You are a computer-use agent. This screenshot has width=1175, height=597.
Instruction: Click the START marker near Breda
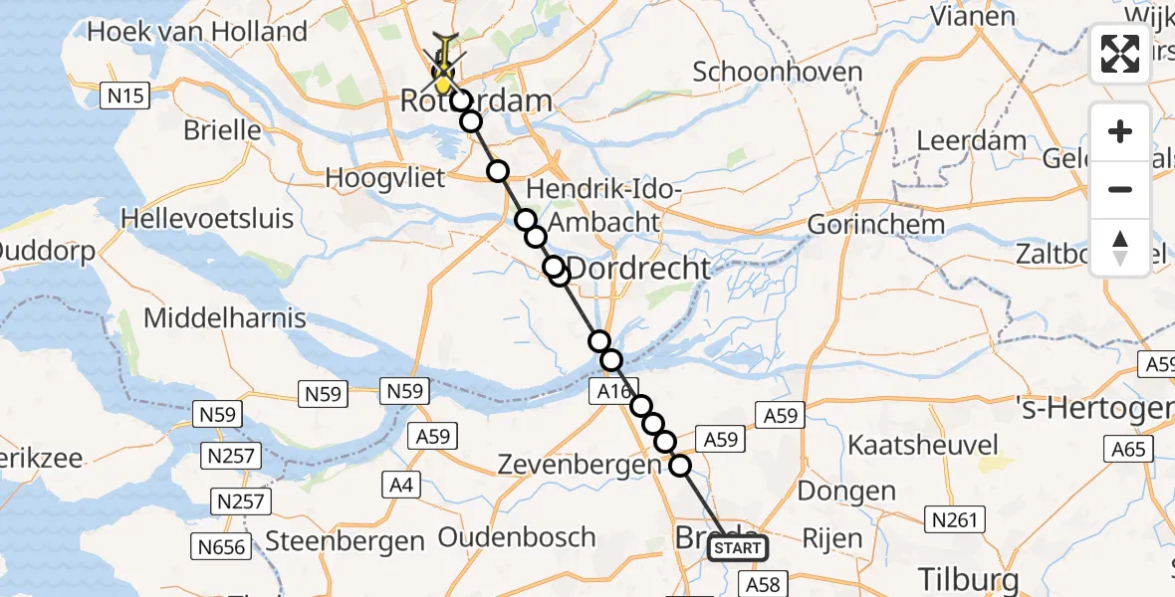pyautogui.click(x=738, y=548)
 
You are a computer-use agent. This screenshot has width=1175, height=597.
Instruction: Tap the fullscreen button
pyautogui.click(x=1120, y=54)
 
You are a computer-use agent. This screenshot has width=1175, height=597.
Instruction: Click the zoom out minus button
pyautogui.click(x=1120, y=189)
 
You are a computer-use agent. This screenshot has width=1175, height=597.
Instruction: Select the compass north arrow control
pyautogui.click(x=1120, y=247)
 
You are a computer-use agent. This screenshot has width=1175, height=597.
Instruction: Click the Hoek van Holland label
pyautogui.click(x=197, y=32)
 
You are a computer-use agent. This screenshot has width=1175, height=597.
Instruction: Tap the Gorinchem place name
pyautogui.click(x=875, y=224)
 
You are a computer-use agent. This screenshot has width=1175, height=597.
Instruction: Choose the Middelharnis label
pyautogui.click(x=225, y=318)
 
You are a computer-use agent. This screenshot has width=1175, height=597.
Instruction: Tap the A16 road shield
pyautogui.click(x=614, y=391)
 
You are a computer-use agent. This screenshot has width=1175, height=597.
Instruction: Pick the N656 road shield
pyautogui.click(x=219, y=545)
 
